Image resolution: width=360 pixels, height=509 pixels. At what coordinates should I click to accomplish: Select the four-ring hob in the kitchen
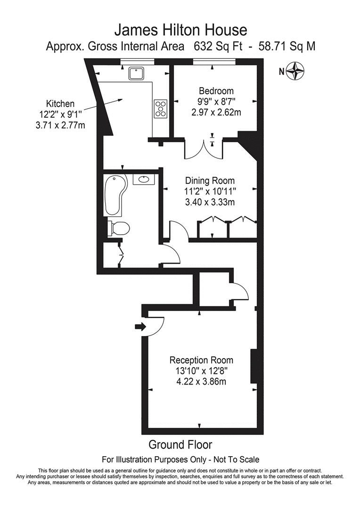click(x=160, y=108)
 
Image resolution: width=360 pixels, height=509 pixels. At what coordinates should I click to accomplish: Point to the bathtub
click(x=115, y=195)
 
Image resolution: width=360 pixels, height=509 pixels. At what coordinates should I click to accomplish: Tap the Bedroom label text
click(x=216, y=91)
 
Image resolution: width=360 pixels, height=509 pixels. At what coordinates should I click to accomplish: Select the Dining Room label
click(x=210, y=181)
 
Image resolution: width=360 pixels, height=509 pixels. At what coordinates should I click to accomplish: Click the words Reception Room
click(x=201, y=361)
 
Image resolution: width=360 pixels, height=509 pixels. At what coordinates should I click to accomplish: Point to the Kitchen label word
click(x=60, y=104)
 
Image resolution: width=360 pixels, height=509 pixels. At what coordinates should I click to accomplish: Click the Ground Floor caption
click(x=180, y=444)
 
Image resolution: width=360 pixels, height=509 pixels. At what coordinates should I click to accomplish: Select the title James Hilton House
click(x=180, y=31)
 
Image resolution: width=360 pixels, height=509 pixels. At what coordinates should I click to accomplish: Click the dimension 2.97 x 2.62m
click(x=216, y=112)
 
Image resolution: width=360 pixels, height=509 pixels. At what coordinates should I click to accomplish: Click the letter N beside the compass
click(x=281, y=72)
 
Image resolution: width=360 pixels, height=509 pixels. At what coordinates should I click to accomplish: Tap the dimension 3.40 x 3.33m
click(x=210, y=202)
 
